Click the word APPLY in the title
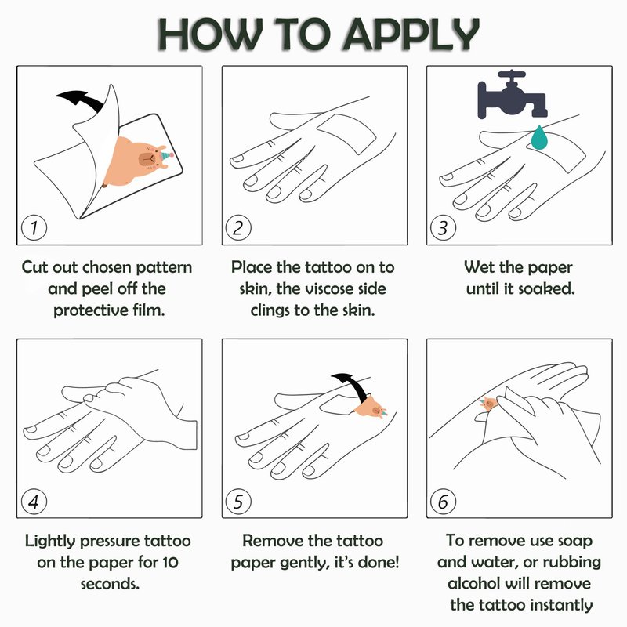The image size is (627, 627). (x=411, y=34)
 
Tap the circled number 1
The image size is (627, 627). (x=34, y=228)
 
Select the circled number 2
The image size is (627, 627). (x=239, y=228)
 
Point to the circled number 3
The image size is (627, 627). (x=443, y=228)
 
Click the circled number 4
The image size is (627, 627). (x=34, y=502)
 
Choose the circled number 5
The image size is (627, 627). (x=239, y=502)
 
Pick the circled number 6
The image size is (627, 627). (x=443, y=502)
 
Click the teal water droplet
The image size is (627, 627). (x=539, y=137)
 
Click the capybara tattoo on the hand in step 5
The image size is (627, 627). (x=371, y=408)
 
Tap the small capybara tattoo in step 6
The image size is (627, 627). (x=489, y=404)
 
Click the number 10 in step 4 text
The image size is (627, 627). (x=170, y=563)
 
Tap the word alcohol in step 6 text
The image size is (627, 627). (x=473, y=583)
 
